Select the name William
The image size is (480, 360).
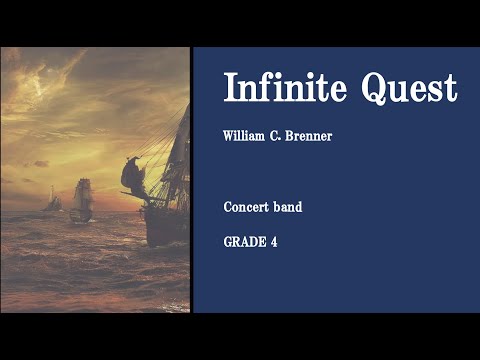246,136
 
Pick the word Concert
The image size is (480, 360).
246,207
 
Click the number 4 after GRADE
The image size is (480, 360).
273,240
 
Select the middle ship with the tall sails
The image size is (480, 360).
82,198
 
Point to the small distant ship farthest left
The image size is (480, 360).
54,200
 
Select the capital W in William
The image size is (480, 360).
229,136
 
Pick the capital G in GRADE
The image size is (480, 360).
228,240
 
